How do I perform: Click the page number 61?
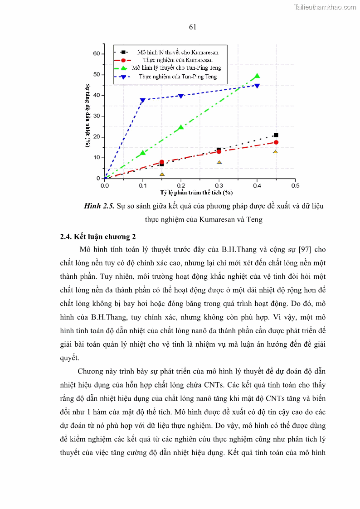(x=192, y=27)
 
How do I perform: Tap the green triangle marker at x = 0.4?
(x=257, y=76)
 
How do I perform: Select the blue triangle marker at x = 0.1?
(x=143, y=100)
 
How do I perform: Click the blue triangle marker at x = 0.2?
(x=181, y=96)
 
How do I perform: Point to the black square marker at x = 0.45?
(x=276, y=135)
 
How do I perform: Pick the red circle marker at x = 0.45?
(x=276, y=142)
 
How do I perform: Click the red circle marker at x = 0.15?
(x=162, y=162)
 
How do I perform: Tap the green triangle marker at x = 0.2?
(x=181, y=127)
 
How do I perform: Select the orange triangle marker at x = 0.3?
(x=219, y=162)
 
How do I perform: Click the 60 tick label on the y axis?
(x=96, y=53)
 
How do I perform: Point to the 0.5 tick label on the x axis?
(x=295, y=185)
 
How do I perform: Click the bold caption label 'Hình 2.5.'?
(x=99, y=206)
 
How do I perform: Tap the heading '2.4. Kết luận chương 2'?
(x=98, y=237)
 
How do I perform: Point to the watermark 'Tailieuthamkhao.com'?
(x=325, y=7)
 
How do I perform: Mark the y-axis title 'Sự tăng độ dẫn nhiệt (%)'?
(x=88, y=115)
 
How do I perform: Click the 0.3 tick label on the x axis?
(x=219, y=185)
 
